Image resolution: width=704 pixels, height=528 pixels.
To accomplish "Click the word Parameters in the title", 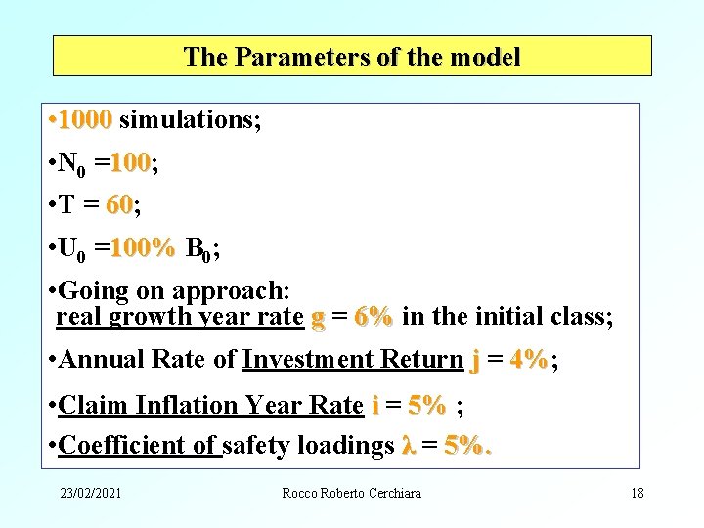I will (291, 57).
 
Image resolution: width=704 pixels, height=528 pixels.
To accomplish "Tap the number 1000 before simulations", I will (85, 120).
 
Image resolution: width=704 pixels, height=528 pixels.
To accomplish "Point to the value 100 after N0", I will (130, 163).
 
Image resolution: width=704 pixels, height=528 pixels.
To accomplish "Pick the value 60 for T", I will (119, 205).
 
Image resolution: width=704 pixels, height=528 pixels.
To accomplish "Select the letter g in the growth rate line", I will (317, 318).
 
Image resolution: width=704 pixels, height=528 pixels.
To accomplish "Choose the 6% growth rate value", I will (374, 317).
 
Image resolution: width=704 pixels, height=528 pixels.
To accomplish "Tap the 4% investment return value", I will (529, 360).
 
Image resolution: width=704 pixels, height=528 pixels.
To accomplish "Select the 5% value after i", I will (427, 405).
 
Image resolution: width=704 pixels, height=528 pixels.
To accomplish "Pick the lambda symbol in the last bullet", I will (409, 446).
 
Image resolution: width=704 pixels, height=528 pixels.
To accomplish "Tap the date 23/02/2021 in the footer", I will (89, 493).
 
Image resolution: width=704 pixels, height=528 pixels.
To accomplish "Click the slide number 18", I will (638, 493).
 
